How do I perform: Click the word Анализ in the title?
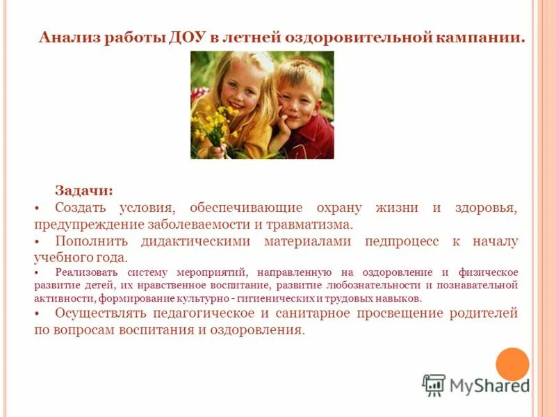click(x=69, y=37)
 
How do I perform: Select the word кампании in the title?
click(x=480, y=37)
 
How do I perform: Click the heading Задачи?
click(x=84, y=191)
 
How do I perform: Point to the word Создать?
click(x=80, y=208)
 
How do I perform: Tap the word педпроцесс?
click(x=402, y=241)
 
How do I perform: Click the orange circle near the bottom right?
click(x=512, y=363)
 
